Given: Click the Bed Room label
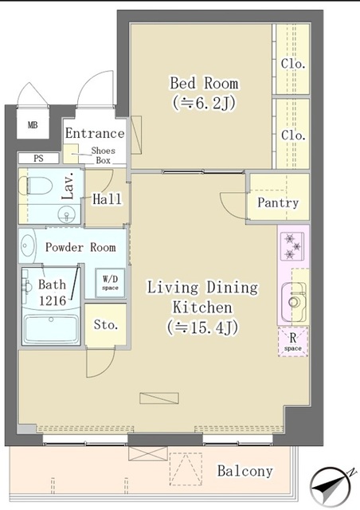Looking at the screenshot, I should (204, 83).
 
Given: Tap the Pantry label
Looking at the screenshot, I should (278, 202).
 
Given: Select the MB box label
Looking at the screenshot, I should (33, 125).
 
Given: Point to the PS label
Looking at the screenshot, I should (37, 159).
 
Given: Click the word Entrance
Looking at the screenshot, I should (95, 133).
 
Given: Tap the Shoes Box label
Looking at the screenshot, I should (103, 155).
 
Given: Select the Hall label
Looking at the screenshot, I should (107, 200).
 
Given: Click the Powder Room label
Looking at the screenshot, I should (80, 247).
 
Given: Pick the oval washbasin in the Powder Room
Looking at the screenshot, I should (27, 245).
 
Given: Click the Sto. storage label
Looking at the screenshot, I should (106, 325).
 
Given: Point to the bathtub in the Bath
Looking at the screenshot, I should (52, 328).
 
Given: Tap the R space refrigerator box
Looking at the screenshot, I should (293, 342).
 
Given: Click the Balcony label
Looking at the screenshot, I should (245, 471).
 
